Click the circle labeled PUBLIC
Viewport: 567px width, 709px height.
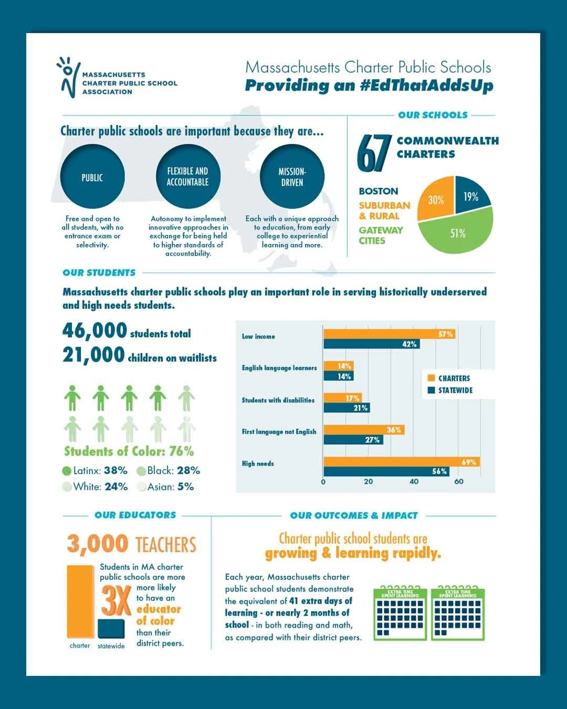(92, 177)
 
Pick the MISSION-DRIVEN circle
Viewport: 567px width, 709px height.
(292, 177)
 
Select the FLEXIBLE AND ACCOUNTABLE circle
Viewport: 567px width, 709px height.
(188, 177)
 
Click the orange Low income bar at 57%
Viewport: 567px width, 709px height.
(389, 333)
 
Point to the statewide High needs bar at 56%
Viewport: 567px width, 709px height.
(386, 471)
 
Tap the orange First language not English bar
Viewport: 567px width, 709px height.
(364, 430)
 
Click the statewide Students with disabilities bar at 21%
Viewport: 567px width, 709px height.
(346, 408)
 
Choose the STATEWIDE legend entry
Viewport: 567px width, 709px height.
(450, 390)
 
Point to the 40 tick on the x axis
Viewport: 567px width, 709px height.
(414, 482)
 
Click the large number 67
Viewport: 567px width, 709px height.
(374, 153)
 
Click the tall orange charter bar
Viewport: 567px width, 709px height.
(80, 601)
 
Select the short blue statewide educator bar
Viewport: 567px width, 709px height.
(111, 629)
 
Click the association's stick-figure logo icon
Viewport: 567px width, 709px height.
(68, 77)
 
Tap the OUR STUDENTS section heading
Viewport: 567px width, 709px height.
(99, 273)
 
